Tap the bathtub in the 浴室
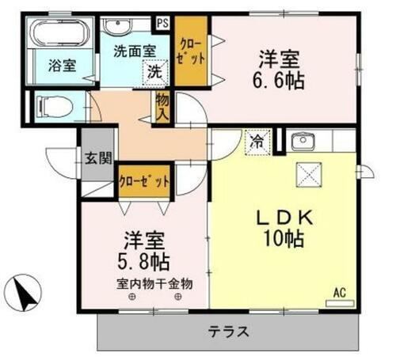pos(55,33)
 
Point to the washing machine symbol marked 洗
pos(156,71)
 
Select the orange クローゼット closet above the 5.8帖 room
pos(145,180)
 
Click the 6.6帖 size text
pos(280,79)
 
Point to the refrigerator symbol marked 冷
pos(257,142)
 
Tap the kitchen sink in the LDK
pos(303,142)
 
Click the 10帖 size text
pos(284,239)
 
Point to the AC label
pos(339,293)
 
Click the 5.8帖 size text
pos(144,259)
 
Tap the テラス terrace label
pos(229,332)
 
